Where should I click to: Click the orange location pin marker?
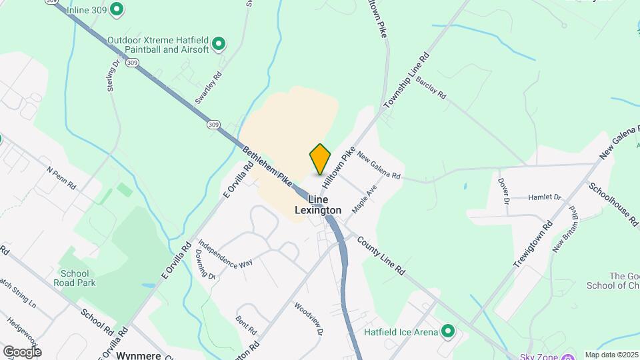pos(321,159)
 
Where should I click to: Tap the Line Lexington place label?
pos(318,205)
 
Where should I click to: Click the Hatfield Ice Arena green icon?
pos(449,331)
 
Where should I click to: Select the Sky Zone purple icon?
pos(569,357)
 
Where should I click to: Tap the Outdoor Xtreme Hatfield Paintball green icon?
pos(219,45)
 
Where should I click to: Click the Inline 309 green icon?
pos(117,9)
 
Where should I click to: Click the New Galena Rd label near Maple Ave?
pos(379,167)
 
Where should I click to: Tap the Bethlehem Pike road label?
pos(267,165)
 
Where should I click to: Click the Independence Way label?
pos(225,253)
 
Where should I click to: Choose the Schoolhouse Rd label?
pos(611,201)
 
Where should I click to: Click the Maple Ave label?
pos(365,199)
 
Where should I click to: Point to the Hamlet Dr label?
pos(545,197)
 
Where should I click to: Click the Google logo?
pos(21,351)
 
